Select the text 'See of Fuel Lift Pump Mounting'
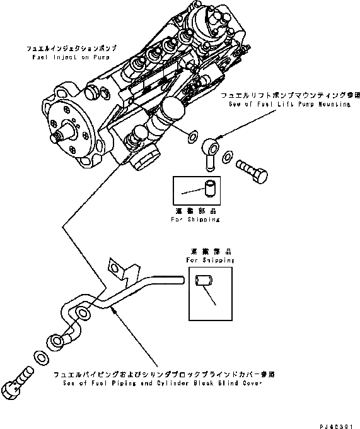point(292,104)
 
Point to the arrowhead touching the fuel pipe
point(112,309)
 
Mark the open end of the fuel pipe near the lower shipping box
point(179,276)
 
